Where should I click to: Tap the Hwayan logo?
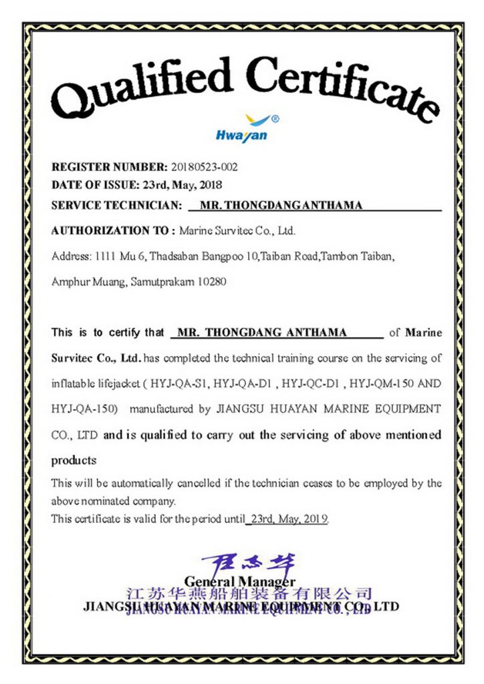pos(242,129)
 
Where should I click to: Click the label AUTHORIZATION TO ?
pos(113,231)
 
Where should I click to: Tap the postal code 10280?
pos(213,282)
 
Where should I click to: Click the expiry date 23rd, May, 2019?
pos(288,518)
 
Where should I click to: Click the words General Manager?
pos(240,582)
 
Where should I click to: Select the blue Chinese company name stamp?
pos(249,594)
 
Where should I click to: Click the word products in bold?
pos(74,460)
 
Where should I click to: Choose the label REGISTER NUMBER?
pos(110,167)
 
